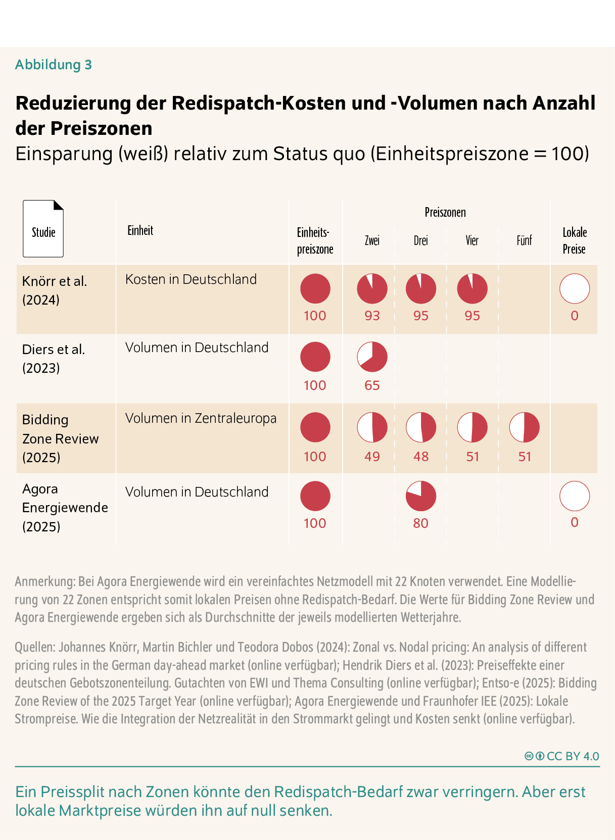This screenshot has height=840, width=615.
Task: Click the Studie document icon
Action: pyautogui.click(x=43, y=229)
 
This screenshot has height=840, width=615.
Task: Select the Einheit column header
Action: pyautogui.click(x=140, y=231)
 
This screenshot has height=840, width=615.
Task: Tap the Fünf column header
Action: pyautogui.click(x=524, y=240)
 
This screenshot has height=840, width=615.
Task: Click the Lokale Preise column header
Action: pyautogui.click(x=575, y=240)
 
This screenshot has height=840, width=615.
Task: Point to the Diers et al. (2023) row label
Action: pyautogui.click(x=54, y=359)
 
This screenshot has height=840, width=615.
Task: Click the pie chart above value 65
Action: pyautogui.click(x=372, y=357)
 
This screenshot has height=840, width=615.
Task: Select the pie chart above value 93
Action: pyautogui.click(x=372, y=288)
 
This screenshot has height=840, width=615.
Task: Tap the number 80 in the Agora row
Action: pyautogui.click(x=420, y=523)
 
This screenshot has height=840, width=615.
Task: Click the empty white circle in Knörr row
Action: pyautogui.click(x=575, y=288)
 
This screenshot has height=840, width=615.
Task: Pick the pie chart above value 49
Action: pyautogui.click(x=372, y=427)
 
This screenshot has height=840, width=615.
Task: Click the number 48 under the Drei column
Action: pyautogui.click(x=420, y=457)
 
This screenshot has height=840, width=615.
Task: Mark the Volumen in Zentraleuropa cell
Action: pyautogui.click(x=201, y=418)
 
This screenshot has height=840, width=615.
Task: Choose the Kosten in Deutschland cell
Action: pyautogui.click(x=191, y=279)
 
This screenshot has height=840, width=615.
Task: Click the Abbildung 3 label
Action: pyautogui.click(x=54, y=65)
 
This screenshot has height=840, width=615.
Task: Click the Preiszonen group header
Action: pyautogui.click(x=445, y=212)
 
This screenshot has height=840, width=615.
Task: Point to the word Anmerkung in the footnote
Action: pyautogui.click(x=44, y=581)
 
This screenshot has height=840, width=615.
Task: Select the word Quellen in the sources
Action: pyautogui.click(x=34, y=647)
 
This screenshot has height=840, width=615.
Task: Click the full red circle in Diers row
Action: pyautogui.click(x=315, y=357)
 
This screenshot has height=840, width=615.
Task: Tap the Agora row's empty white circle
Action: pyautogui.click(x=575, y=496)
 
